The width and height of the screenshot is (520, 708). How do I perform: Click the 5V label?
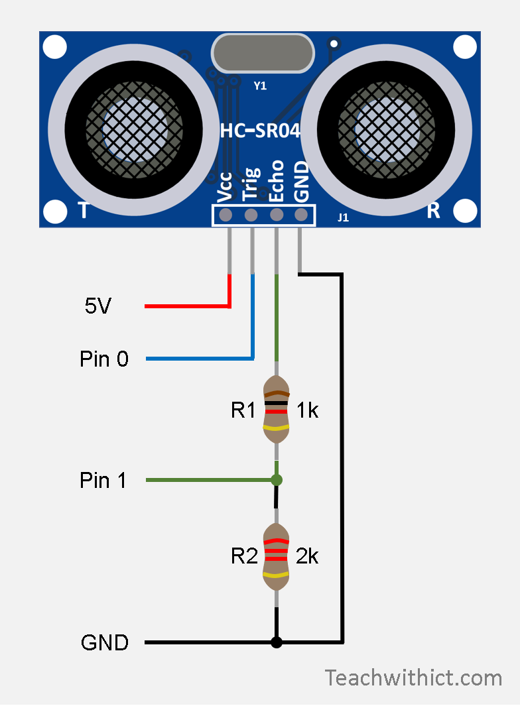coord(98,306)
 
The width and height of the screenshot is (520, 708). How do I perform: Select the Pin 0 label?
coord(103,359)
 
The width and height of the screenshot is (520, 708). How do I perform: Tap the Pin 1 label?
coord(103,480)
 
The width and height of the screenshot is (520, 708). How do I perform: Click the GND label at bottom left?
coord(104,642)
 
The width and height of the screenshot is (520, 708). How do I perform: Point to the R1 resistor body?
coord(277,411)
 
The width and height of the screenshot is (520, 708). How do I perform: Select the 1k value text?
coord(307,411)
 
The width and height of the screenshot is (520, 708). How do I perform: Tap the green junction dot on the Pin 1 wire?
coord(277,479)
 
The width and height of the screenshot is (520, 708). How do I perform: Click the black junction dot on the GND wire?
coord(277,642)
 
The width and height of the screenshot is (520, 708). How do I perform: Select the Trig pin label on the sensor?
coord(251,183)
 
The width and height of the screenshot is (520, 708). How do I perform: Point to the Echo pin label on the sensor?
coord(277,180)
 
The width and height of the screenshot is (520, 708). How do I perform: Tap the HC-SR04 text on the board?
coord(260,131)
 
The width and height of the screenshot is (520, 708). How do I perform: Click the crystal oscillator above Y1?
coord(261,54)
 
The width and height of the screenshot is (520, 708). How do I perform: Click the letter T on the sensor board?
coord(84,211)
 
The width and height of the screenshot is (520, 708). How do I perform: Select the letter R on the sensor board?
coord(433,211)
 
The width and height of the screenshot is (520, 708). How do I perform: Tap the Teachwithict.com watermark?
coord(413,678)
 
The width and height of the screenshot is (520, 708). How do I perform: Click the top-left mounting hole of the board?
coord(55,47)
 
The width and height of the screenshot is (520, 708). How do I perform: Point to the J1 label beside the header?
coord(343,216)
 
